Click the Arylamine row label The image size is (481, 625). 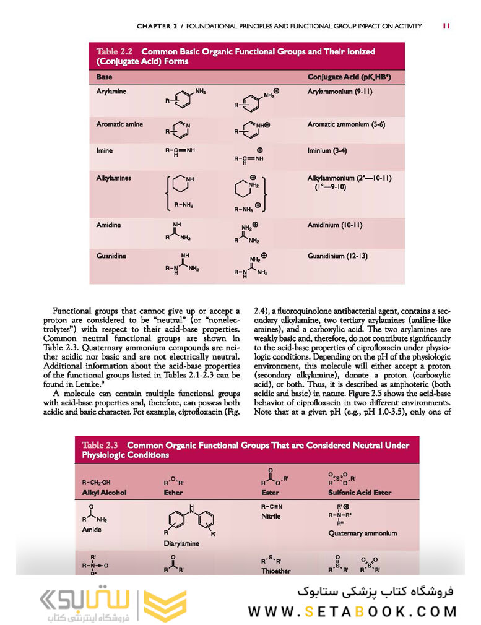tap(111, 92)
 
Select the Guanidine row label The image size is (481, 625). tap(111, 255)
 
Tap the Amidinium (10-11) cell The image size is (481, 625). tap(334, 225)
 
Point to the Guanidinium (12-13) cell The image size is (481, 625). tap(338, 255)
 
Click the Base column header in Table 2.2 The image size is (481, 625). tap(104, 77)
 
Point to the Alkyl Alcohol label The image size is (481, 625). tap(104, 493)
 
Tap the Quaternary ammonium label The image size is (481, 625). tap(363, 533)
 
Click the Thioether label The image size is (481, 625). tap(276, 571)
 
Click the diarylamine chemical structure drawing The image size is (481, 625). tap(189, 519)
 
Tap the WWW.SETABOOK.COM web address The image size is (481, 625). tap(352, 611)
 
